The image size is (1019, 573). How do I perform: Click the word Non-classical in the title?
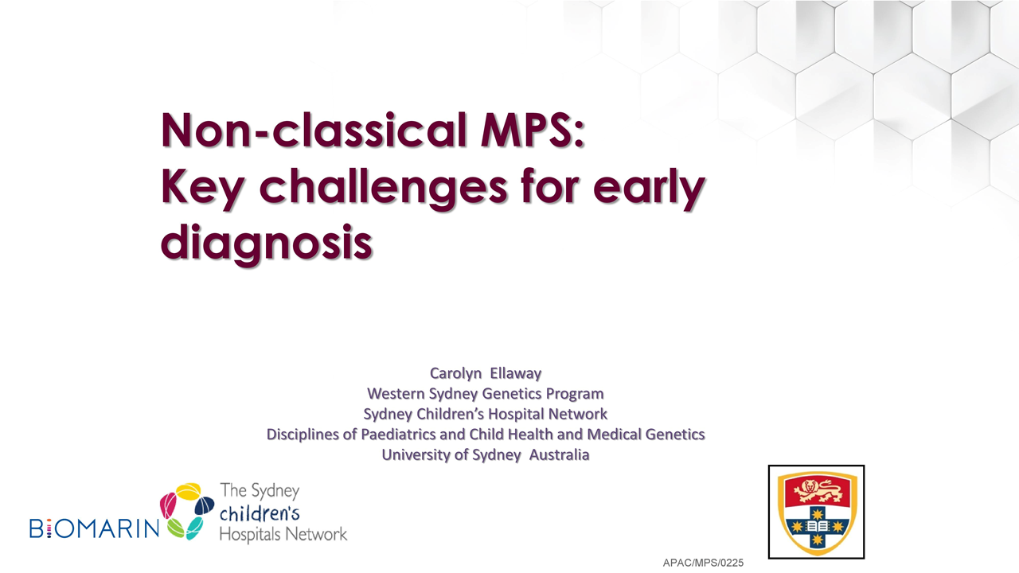coord(314,131)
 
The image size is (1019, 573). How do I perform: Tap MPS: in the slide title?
coord(533,131)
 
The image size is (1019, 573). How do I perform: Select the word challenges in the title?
coord(383,187)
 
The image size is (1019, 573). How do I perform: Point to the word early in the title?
coord(649,187)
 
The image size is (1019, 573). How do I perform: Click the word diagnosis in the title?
coord(267,243)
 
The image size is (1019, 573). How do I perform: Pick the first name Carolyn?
coord(455,373)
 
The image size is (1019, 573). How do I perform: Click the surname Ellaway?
coord(515,373)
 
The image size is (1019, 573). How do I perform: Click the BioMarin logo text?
coord(95,528)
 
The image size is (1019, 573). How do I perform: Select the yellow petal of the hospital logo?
coord(189,491)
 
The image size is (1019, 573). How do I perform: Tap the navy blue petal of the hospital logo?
coord(204,505)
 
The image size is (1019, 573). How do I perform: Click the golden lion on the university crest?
coord(817,490)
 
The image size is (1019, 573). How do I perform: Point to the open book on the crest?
coord(817,526)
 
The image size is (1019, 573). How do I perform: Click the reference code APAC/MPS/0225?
coord(703,563)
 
